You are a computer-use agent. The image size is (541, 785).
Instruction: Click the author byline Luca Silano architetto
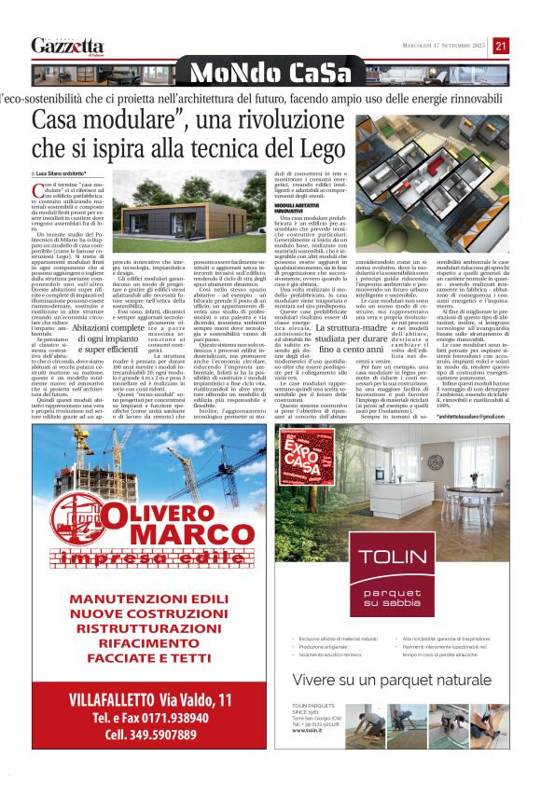point(61,174)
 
